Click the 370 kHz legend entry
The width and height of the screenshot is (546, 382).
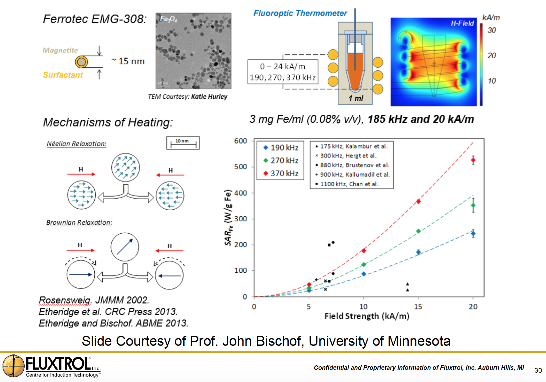[x=281, y=173]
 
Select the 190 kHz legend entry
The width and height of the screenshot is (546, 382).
[x=281, y=148]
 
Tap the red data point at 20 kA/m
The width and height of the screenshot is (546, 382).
[x=473, y=160]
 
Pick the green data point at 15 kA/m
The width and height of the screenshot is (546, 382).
[x=418, y=231]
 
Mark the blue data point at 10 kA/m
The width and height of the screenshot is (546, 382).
[x=364, y=274]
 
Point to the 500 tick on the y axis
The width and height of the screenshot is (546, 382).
[x=241, y=167]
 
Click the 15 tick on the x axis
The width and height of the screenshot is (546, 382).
[x=418, y=307]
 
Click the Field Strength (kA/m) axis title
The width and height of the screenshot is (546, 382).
[x=367, y=316]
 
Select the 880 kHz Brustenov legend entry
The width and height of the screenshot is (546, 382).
[x=352, y=165]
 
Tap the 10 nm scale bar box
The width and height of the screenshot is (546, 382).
[x=183, y=143]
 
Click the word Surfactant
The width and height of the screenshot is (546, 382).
[x=63, y=75]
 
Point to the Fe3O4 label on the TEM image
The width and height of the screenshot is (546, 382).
[x=168, y=19]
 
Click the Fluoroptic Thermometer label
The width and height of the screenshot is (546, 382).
[x=300, y=13]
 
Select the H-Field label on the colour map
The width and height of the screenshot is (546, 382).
[x=462, y=23]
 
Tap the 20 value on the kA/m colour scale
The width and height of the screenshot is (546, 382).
[x=492, y=55]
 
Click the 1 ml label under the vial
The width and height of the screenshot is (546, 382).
[x=356, y=98]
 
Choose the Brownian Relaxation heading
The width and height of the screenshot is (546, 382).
[x=79, y=222]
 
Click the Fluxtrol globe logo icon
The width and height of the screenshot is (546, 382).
[x=13, y=366]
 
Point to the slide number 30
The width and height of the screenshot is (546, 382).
[x=538, y=370]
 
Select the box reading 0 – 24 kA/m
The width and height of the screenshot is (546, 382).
[x=283, y=72]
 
